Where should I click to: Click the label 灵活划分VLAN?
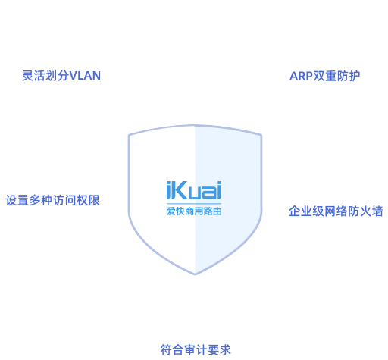[x=61, y=76]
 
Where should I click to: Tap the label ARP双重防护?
[x=324, y=76]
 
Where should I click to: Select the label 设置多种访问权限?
[x=52, y=200]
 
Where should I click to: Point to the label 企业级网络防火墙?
[x=336, y=211]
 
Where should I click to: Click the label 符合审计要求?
[x=196, y=350]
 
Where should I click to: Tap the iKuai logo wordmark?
[x=194, y=190]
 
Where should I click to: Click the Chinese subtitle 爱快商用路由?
[x=194, y=211]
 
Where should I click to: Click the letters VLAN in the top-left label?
[x=85, y=76]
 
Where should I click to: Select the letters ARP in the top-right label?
[x=301, y=76]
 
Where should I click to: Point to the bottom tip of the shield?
[x=195, y=274]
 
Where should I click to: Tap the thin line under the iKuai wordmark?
[x=194, y=203]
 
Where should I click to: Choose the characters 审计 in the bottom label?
[x=196, y=350]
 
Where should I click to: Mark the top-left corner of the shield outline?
[x=129, y=135]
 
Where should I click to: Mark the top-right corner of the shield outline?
[x=261, y=136]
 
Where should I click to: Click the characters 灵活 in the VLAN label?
[x=33, y=76]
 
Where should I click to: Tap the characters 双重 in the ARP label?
[x=325, y=76]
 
